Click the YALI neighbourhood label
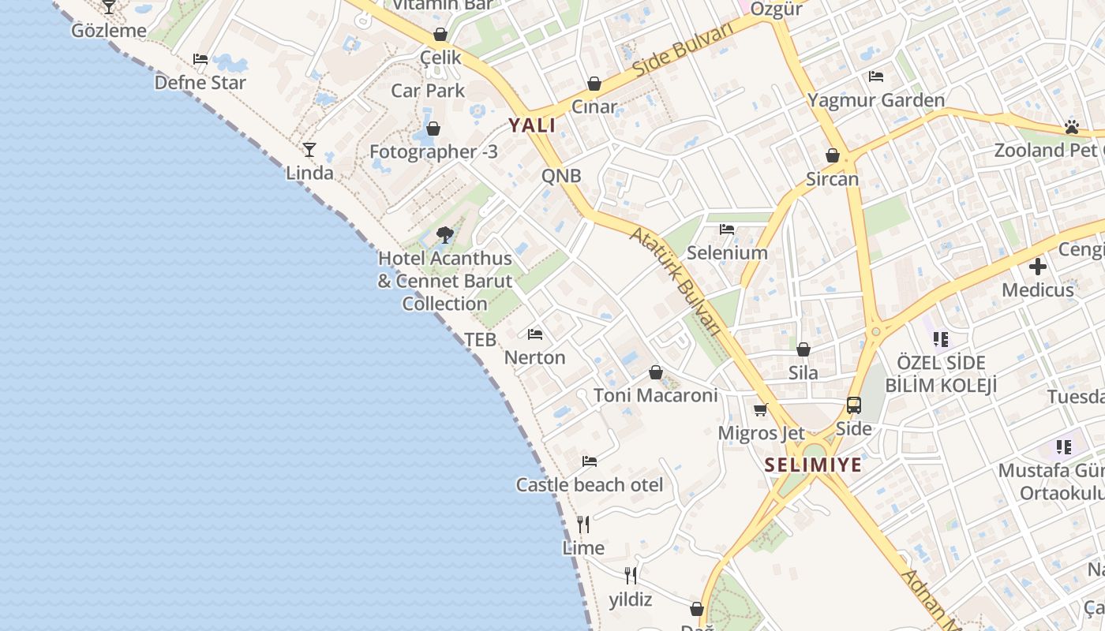(532, 125)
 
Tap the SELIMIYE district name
(813, 465)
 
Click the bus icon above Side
(854, 405)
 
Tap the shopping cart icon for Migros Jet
(761, 409)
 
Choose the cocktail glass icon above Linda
(309, 149)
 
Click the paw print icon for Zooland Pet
(1071, 126)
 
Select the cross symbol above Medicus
(1038, 267)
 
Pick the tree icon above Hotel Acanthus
(445, 234)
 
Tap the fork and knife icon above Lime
(583, 524)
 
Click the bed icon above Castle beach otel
(590, 461)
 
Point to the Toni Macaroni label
(656, 395)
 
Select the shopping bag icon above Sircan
(833, 155)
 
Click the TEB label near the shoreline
(480, 340)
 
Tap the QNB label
(561, 176)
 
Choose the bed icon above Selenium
(727, 230)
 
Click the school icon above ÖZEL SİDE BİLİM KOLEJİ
(940, 339)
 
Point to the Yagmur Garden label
(875, 100)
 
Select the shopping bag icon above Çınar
(594, 84)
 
